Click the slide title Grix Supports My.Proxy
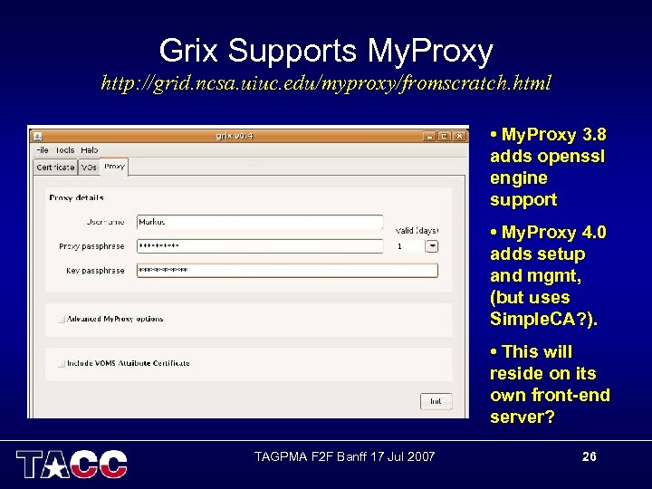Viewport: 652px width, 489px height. coord(326,50)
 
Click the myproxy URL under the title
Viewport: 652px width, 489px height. coord(326,84)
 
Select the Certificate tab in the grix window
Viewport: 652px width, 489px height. coord(55,168)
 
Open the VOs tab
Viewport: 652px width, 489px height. coord(89,168)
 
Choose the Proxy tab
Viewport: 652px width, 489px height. coord(114,167)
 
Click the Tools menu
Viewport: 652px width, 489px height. coord(64,150)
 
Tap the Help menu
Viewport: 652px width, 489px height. coord(89,150)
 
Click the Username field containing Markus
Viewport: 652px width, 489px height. coord(260,222)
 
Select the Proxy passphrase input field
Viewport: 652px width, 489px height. coord(260,246)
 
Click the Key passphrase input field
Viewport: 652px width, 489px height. coord(286,271)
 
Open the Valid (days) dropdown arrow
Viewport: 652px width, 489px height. coord(432,246)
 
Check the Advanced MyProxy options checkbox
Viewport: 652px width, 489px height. coord(61,319)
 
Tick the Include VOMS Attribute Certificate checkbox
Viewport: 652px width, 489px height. coord(61,363)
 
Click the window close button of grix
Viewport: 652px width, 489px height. coord(459,137)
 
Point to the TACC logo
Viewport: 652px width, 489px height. coord(72,463)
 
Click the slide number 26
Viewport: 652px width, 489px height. coord(589,456)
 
